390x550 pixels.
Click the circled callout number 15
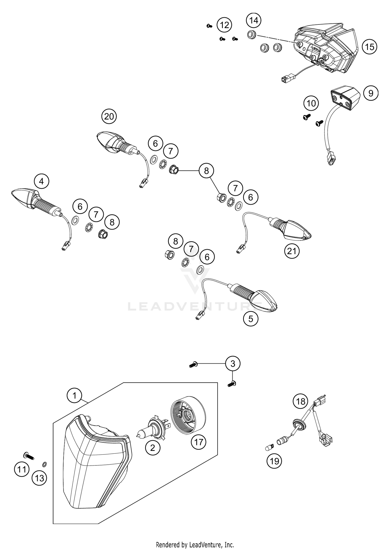click(x=369, y=47)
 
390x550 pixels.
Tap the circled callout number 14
click(x=254, y=20)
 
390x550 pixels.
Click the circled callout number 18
click(x=301, y=401)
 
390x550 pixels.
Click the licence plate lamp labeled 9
click(x=344, y=98)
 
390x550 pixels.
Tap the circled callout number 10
click(x=311, y=103)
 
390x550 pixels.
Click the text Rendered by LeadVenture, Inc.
click(x=195, y=545)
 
